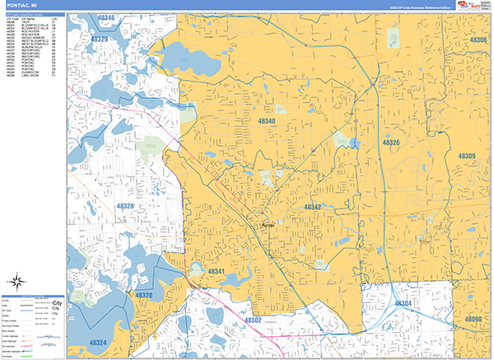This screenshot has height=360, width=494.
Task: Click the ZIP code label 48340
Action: [267, 121]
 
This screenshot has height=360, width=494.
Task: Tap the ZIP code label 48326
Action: [390, 143]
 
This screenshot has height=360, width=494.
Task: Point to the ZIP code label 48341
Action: [217, 271]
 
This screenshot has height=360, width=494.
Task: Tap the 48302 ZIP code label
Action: [253, 320]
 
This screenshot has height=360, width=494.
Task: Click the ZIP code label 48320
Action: [144, 295]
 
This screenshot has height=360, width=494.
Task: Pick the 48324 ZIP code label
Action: [98, 342]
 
